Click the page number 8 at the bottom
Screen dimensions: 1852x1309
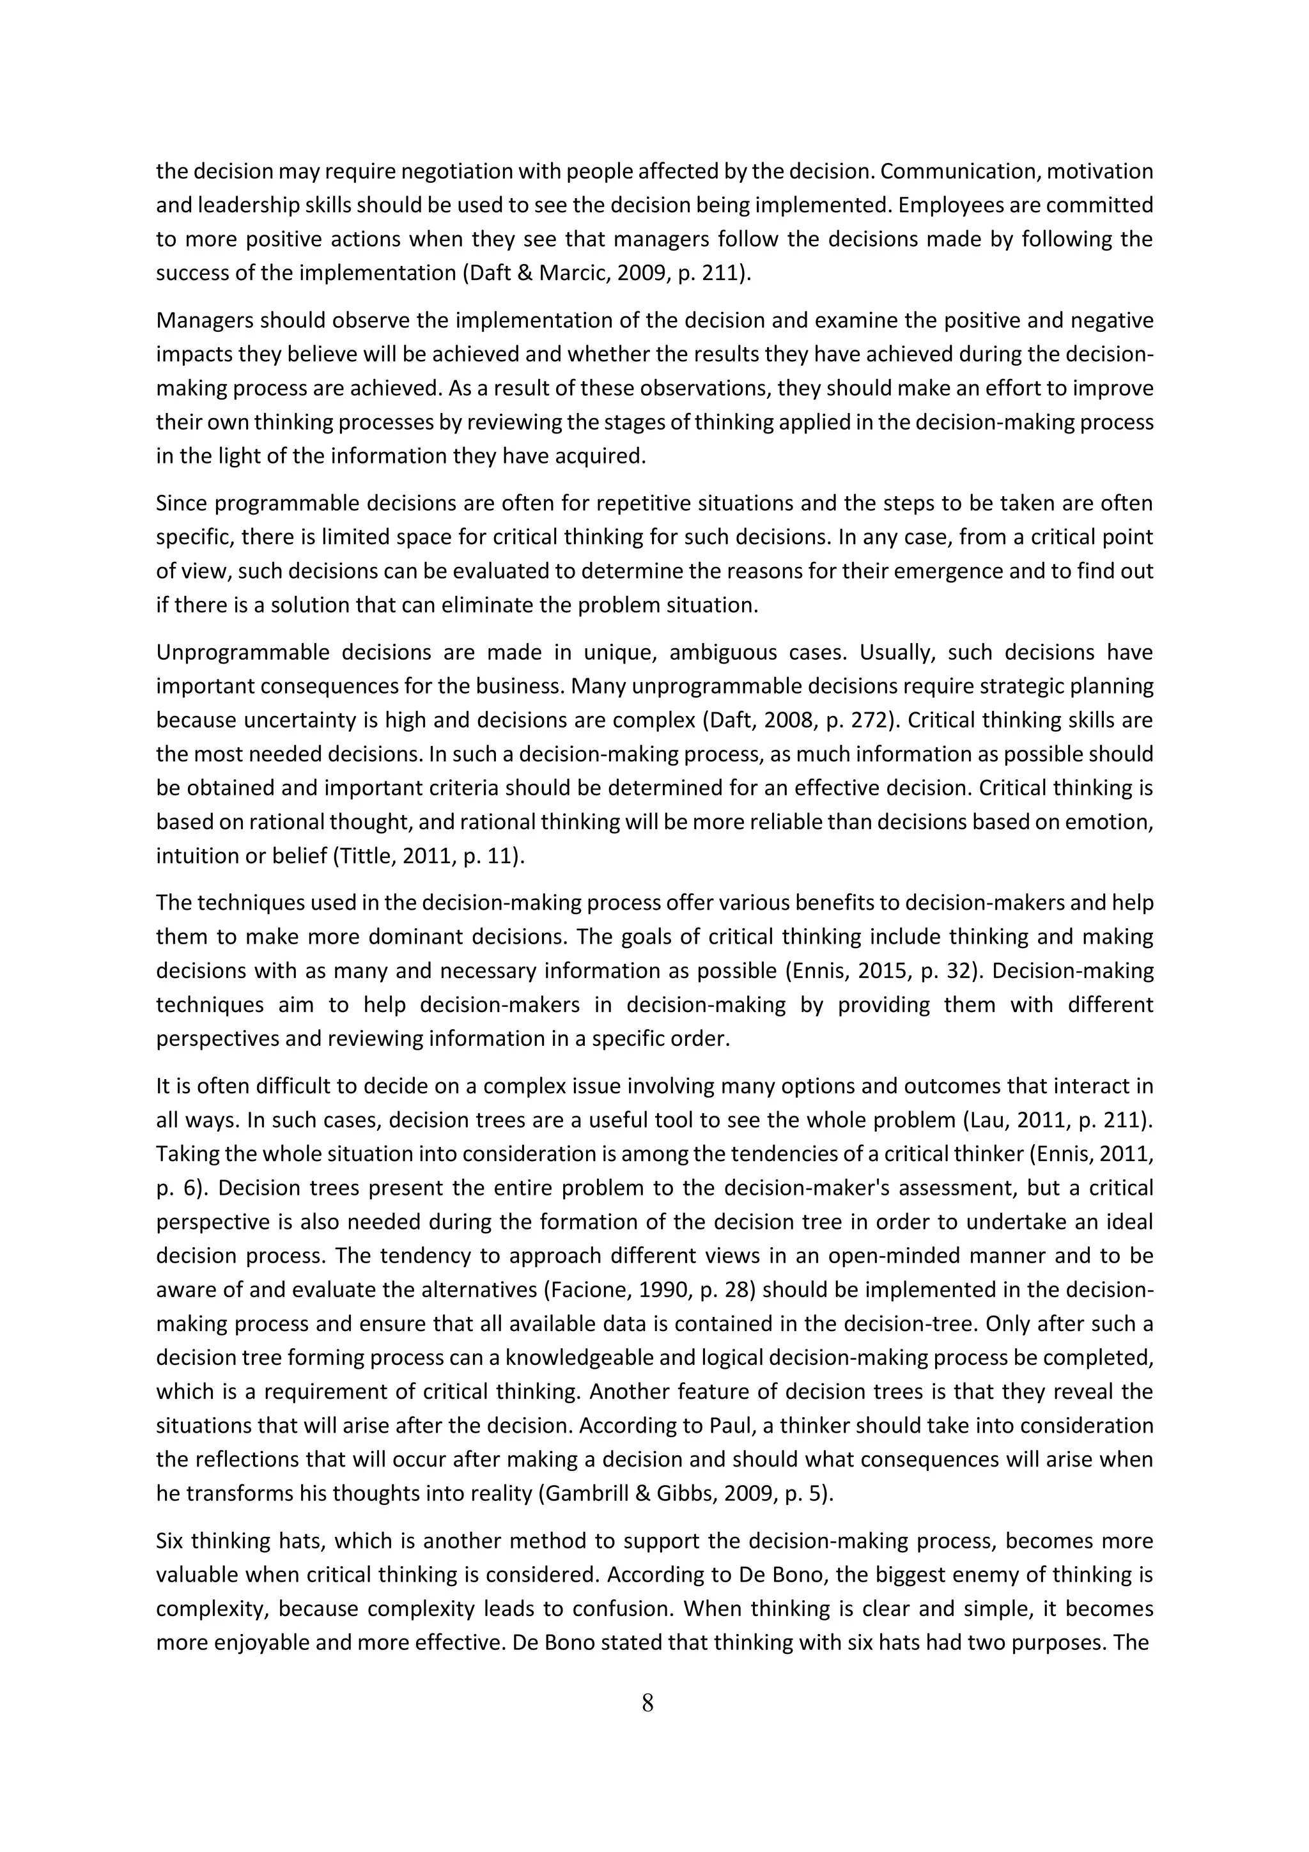(x=647, y=1703)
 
